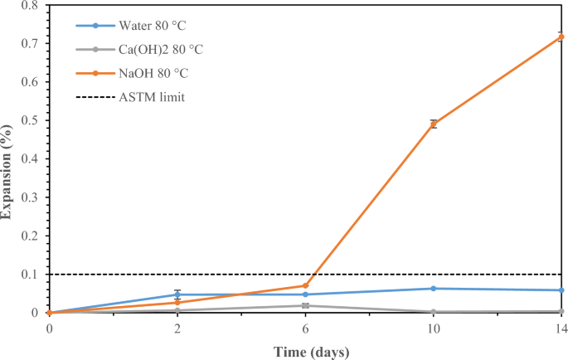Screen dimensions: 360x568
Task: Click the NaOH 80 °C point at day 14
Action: [561, 36]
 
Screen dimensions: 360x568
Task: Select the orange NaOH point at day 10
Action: [434, 124]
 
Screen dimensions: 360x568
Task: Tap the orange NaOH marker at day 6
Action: [306, 285]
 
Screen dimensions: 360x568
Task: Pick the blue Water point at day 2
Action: [177, 294]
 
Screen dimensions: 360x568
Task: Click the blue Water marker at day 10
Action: [434, 289]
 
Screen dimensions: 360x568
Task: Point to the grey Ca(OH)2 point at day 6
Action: [306, 305]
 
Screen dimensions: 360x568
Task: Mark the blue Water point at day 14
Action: [561, 290]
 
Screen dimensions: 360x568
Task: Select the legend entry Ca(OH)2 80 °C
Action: [162, 50]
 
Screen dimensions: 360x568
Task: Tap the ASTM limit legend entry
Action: [149, 97]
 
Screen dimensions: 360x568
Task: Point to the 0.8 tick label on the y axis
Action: [32, 6]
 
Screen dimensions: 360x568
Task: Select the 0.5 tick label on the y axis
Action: [32, 121]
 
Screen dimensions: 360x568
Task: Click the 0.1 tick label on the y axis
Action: [32, 275]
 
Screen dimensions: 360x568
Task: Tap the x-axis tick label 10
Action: [434, 329]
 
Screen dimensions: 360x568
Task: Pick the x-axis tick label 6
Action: [306, 329]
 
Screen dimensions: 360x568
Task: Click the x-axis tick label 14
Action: [561, 329]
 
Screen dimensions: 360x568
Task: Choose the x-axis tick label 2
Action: [177, 329]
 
